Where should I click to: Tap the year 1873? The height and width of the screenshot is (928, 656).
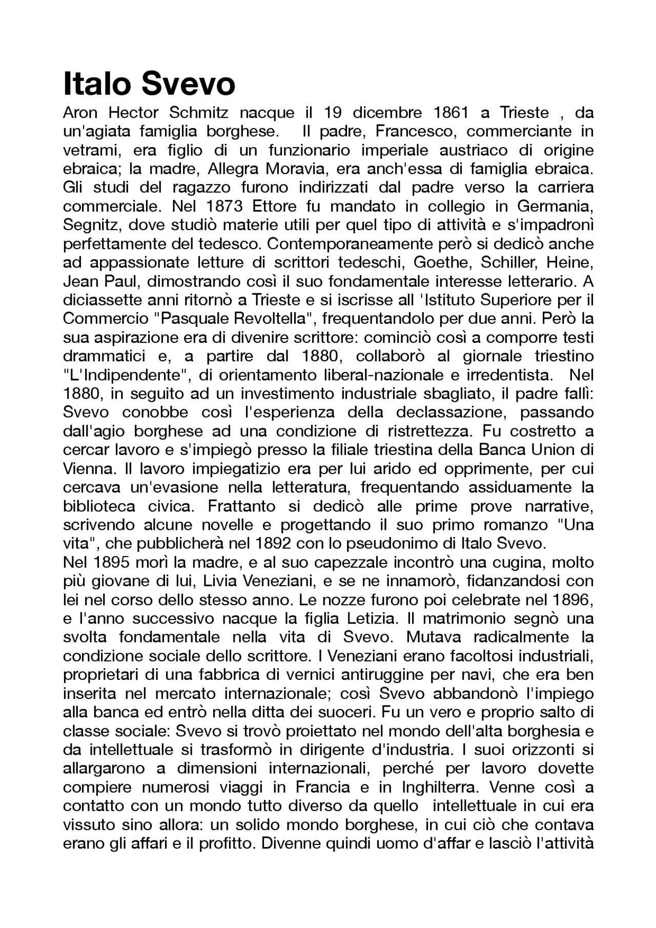[x=225, y=206]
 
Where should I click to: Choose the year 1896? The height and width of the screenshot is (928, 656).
[x=573, y=600]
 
